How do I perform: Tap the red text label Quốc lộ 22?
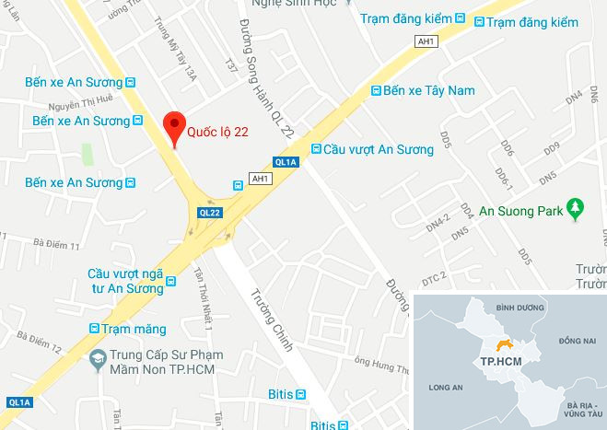(x=217, y=132)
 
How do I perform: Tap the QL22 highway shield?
(x=209, y=213)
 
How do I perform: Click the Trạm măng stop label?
(x=134, y=329)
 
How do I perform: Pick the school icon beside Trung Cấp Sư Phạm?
(x=96, y=360)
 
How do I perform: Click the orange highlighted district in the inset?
(x=502, y=344)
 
